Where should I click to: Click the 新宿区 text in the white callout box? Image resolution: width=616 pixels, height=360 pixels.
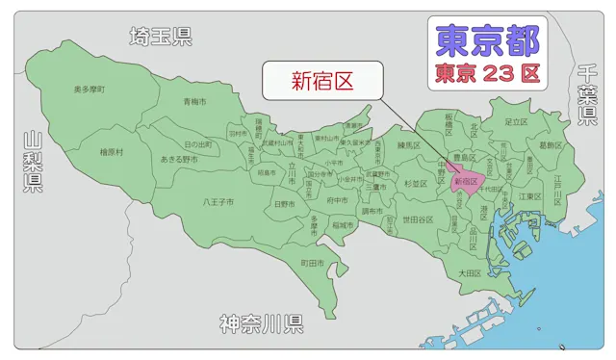pyautogui.click(x=322, y=81)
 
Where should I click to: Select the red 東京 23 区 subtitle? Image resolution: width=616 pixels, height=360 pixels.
pyautogui.click(x=487, y=72)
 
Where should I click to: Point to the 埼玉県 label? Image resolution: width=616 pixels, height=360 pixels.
pyautogui.click(x=161, y=37)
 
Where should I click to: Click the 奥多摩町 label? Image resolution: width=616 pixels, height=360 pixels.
pyautogui.click(x=90, y=90)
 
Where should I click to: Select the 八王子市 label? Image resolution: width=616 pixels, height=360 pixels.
pyautogui.click(x=218, y=202)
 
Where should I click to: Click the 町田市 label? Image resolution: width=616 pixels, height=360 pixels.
pyautogui.click(x=311, y=262)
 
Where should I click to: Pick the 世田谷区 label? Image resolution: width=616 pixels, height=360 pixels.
pyautogui.click(x=418, y=219)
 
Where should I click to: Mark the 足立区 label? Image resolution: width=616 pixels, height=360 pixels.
pyautogui.click(x=517, y=122)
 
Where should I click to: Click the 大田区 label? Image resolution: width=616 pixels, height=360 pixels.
pyautogui.click(x=469, y=273)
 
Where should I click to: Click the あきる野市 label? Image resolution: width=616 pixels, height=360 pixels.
pyautogui.click(x=179, y=159)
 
